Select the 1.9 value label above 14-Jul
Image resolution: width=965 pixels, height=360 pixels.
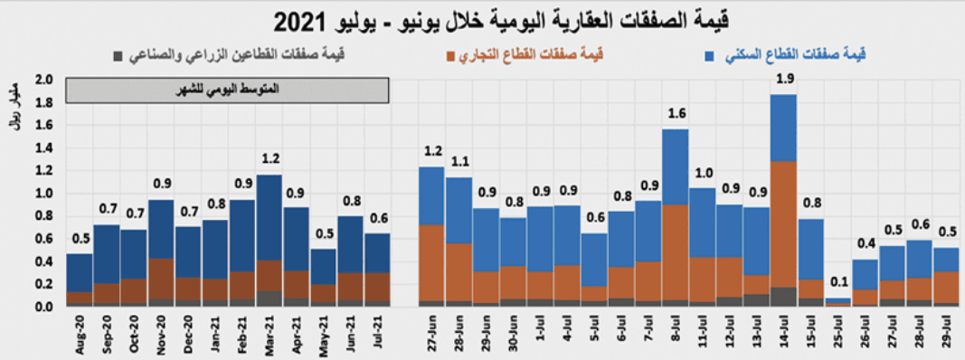coord(784,80)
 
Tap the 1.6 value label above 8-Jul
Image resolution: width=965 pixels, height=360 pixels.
coord(675,114)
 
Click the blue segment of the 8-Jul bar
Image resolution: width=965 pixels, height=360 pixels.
coord(675,167)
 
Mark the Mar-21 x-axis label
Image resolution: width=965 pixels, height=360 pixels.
coord(270,334)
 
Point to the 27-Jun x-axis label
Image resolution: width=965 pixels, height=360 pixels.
coord(430,334)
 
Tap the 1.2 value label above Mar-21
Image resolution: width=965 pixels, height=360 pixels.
coord(270,159)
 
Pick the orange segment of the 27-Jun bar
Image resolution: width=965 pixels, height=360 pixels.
coord(430,262)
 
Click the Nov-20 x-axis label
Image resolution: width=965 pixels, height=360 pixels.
coord(161,334)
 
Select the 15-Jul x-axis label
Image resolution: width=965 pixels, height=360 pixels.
coord(810,334)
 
